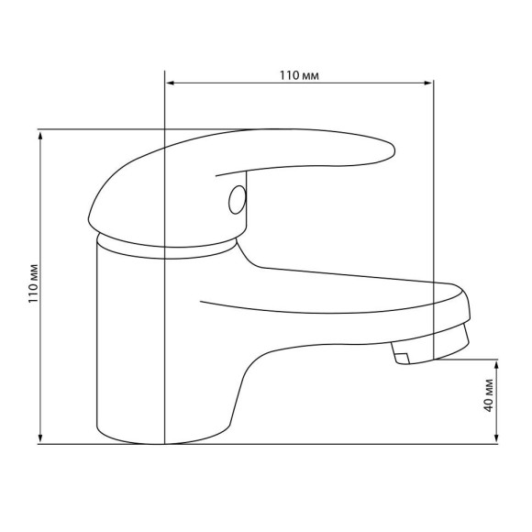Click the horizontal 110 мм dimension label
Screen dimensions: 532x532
(299, 75)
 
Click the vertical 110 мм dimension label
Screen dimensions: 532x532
(34, 283)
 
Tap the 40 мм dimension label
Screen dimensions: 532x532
(488, 395)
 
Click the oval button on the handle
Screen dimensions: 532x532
(238, 200)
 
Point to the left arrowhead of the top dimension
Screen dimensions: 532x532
(170, 83)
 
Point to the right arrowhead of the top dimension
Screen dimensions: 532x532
(429, 83)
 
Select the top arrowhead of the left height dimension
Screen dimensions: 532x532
(40, 135)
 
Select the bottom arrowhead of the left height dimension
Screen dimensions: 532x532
(40, 438)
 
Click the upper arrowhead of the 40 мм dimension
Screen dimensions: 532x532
(497, 365)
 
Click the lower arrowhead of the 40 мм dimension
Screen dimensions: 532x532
(497, 438)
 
